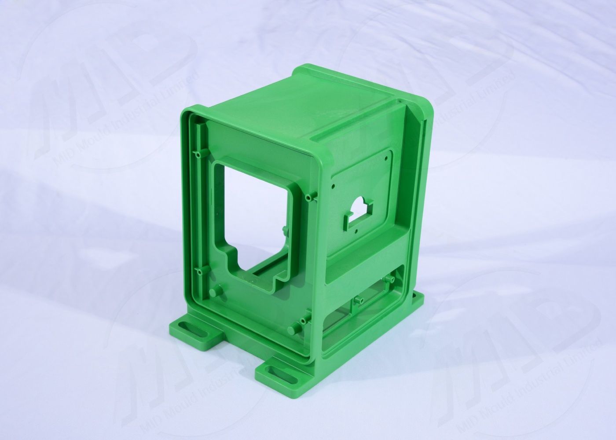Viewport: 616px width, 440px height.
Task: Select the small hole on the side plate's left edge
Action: click(335, 186)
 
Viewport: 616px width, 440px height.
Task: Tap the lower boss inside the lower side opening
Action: click(357, 300)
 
